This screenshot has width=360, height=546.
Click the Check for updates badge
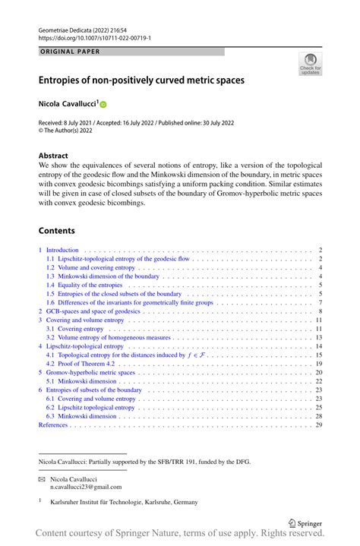click(310, 65)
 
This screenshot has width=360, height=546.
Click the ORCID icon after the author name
click(103, 103)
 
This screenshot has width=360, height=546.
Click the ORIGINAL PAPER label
click(70, 52)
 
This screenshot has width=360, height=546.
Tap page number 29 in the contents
click(319, 425)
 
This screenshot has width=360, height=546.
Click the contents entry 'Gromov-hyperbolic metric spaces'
click(90, 373)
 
